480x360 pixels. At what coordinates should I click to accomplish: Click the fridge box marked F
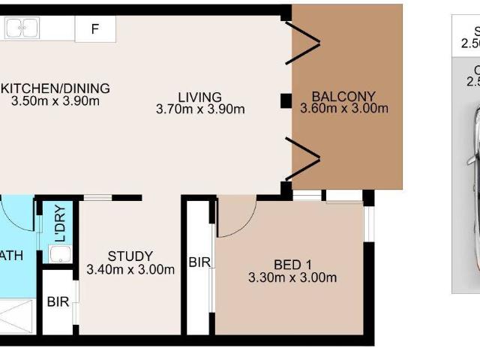coord(94,30)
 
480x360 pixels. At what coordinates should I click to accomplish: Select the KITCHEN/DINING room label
coord(54,88)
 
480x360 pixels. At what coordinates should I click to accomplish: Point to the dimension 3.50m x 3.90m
coord(55,101)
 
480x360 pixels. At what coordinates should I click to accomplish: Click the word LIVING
coord(199,97)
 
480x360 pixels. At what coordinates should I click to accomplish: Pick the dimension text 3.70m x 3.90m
coord(200,109)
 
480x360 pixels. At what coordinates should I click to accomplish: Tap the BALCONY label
coord(343,96)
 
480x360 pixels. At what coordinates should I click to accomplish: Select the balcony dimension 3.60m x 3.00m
coord(344,109)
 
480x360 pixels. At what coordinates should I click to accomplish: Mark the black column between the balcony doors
coord(286,99)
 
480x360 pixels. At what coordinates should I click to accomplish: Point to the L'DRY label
coord(59,221)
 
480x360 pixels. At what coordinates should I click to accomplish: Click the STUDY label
coord(130,256)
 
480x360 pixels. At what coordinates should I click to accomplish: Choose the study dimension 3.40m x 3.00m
coord(130,269)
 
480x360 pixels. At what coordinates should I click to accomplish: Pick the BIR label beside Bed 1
coord(199,263)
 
